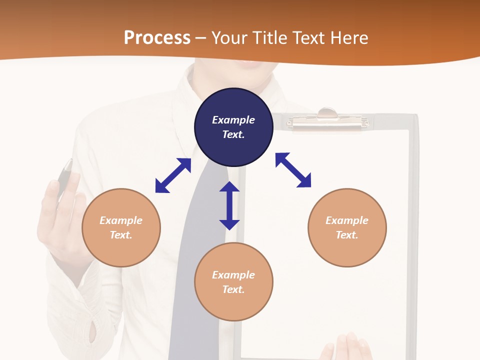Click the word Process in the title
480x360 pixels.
click(157, 38)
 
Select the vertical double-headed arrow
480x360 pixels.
click(229, 205)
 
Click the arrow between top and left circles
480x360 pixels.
click(173, 175)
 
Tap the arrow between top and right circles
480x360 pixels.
click(293, 170)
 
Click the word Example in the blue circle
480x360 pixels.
click(233, 120)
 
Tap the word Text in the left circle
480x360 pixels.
click(121, 235)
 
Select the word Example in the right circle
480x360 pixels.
click(347, 220)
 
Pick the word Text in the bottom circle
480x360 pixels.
click(233, 289)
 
